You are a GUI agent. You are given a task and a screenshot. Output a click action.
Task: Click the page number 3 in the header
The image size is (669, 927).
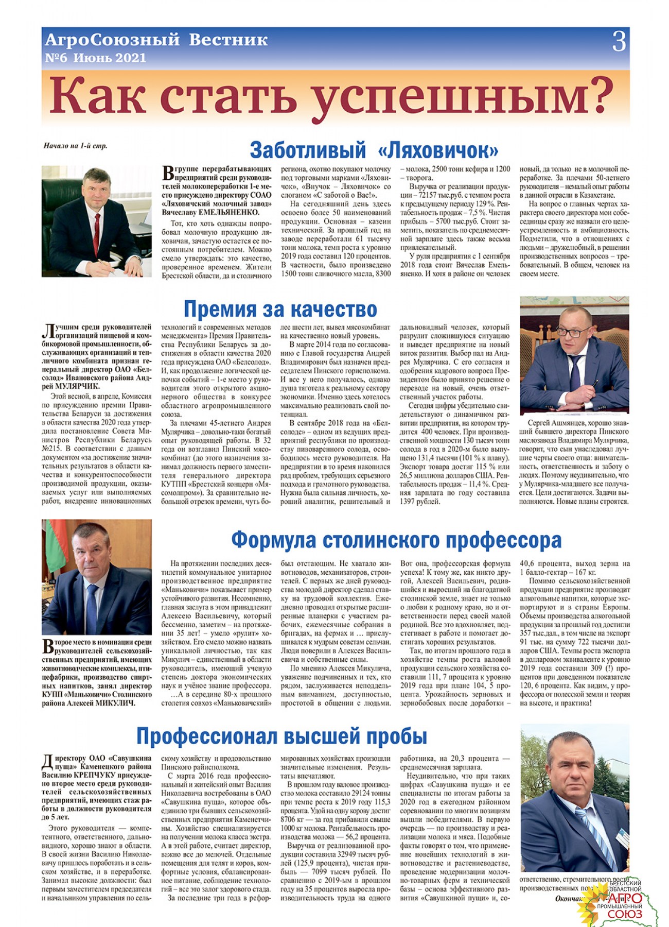coord(619,42)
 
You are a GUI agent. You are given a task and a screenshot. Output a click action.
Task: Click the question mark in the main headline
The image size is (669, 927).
coord(597,96)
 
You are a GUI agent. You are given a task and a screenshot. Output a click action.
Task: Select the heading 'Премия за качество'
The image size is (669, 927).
coord(280,310)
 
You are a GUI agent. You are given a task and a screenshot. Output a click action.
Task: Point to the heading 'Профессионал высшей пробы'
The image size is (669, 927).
coord(281,736)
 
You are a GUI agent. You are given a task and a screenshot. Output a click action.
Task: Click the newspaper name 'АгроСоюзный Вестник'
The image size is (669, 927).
coord(156,40)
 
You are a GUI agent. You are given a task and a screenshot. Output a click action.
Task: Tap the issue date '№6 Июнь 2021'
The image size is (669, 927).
coord(96,58)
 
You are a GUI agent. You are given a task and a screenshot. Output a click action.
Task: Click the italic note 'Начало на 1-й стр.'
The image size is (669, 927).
coord(76,146)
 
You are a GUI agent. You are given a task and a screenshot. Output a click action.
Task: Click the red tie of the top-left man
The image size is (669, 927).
coord(97,234)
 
